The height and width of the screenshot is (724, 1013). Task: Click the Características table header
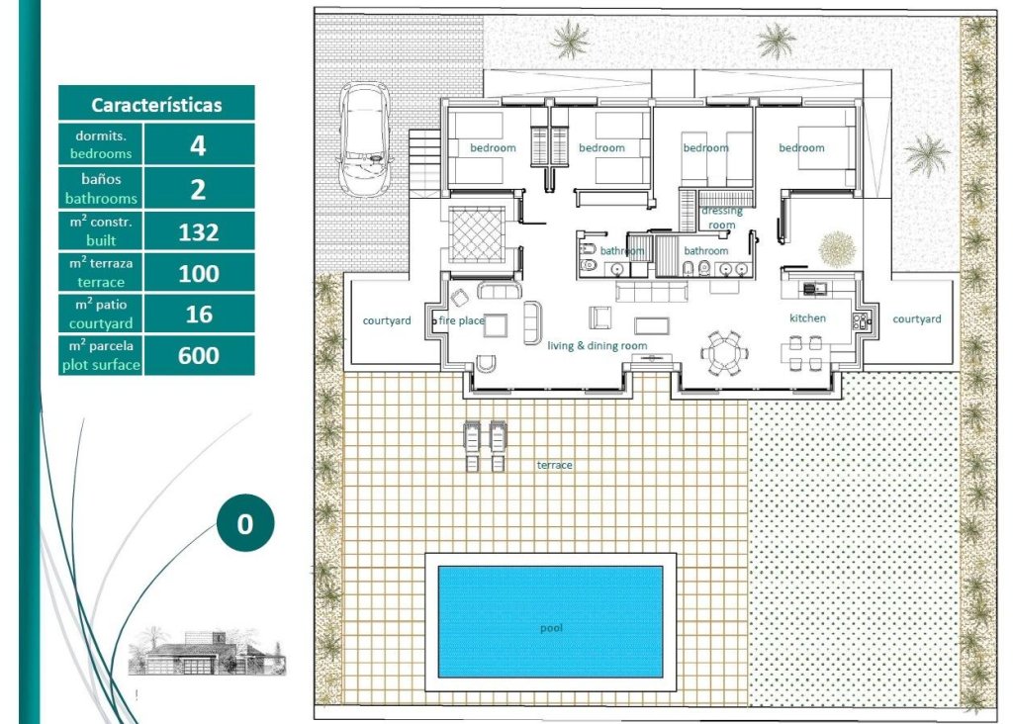(156, 104)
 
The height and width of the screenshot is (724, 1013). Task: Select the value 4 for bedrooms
(198, 144)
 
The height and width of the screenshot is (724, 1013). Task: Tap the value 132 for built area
(198, 232)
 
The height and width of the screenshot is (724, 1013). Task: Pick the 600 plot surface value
(198, 356)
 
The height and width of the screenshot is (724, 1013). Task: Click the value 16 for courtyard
(198, 315)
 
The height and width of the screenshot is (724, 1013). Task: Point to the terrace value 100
(198, 274)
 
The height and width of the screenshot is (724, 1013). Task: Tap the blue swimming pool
(550, 621)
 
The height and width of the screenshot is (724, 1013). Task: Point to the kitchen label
(806, 318)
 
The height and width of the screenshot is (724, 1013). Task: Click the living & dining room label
(598, 345)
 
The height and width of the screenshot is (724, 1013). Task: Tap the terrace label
(554, 465)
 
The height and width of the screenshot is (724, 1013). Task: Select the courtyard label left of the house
(387, 320)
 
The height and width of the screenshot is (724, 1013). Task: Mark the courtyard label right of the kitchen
(917, 319)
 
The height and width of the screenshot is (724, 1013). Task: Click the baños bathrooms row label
(101, 188)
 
